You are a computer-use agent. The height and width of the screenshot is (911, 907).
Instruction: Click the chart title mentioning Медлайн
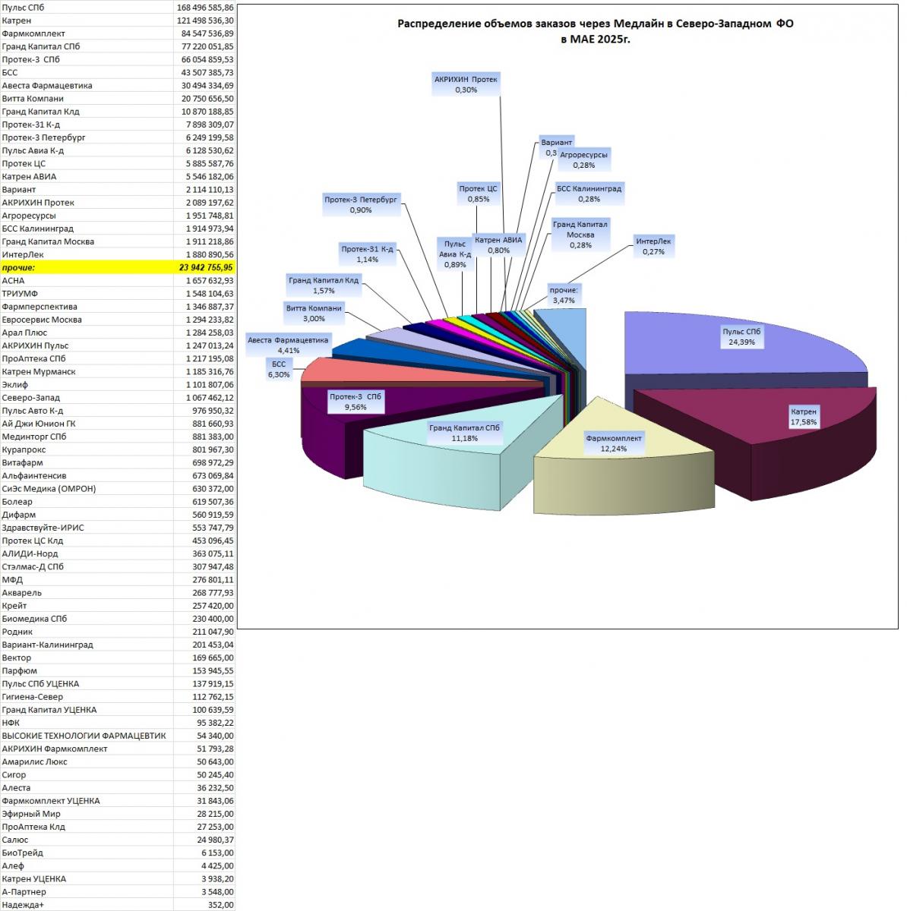tap(596, 31)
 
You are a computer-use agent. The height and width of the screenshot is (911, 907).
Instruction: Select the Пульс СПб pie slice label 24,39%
tap(741, 336)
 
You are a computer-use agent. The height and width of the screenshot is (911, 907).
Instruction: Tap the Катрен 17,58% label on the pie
tap(804, 417)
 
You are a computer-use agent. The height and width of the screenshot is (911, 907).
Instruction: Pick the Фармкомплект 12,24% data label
tap(614, 443)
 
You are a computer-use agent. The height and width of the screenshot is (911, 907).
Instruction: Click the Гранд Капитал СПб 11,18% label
tap(464, 433)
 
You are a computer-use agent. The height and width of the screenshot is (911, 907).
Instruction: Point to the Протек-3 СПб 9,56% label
tap(356, 402)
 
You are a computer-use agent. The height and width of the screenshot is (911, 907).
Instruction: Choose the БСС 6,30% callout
tap(279, 369)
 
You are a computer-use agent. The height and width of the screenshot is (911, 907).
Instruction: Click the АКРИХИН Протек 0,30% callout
tap(466, 84)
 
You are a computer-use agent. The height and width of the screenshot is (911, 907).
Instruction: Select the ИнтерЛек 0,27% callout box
tap(653, 246)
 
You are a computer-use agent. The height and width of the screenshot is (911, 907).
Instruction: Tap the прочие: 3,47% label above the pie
tap(564, 295)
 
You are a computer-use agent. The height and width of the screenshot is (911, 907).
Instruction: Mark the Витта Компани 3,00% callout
tap(314, 313)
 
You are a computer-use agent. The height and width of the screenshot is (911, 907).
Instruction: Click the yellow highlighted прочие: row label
tap(18, 267)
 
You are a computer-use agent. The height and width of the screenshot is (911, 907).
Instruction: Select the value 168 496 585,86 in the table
tap(205, 8)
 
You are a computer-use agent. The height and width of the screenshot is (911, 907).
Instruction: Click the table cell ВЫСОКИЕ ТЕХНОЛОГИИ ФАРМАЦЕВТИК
tap(84, 735)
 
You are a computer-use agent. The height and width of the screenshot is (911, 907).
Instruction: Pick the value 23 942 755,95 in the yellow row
tap(206, 267)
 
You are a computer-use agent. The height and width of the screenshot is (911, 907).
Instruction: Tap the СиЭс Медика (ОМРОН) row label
tap(49, 488)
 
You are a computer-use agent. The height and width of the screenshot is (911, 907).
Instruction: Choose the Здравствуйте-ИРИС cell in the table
tap(43, 527)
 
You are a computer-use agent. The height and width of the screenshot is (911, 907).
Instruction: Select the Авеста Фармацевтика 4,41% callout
tap(288, 345)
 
